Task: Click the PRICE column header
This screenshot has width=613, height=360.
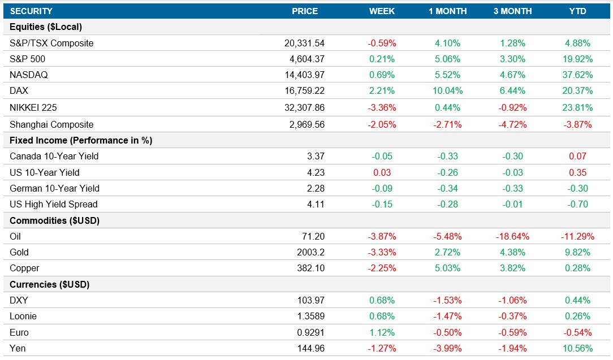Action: click(x=305, y=11)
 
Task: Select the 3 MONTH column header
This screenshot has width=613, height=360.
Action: click(x=512, y=11)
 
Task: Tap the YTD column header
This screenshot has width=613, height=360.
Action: click(x=577, y=11)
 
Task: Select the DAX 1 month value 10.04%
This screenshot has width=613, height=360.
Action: click(x=447, y=91)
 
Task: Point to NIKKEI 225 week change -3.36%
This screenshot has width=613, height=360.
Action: click(x=382, y=107)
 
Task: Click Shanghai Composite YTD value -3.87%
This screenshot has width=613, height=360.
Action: click(x=577, y=124)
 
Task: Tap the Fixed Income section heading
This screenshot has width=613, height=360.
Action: click(x=81, y=140)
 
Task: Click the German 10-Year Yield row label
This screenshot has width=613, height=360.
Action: click(x=55, y=188)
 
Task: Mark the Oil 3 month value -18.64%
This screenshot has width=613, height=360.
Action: click(x=511, y=236)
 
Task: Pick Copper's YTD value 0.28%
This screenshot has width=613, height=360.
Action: click(x=577, y=268)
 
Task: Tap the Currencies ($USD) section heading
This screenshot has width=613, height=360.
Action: click(x=50, y=284)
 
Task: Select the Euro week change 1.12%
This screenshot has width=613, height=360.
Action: click(x=382, y=332)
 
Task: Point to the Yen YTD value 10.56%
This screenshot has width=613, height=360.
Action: click(x=577, y=348)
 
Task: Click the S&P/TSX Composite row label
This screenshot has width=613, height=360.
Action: click(x=51, y=43)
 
